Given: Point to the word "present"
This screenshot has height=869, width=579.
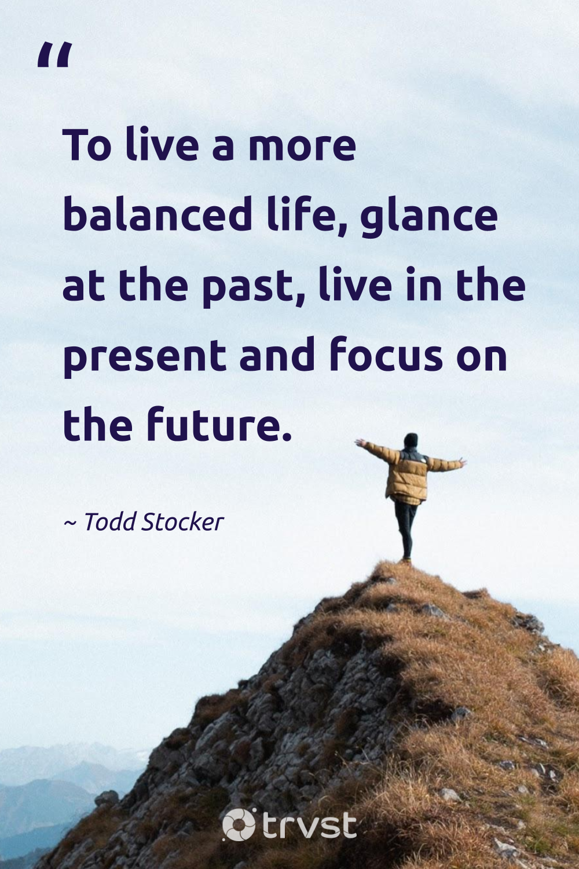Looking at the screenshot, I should pos(144,357).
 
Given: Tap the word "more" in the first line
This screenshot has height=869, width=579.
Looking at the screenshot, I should pos(302,147).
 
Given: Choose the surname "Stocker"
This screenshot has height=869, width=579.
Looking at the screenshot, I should pos(182,522).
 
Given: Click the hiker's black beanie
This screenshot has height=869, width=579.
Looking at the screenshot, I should pos(411,440).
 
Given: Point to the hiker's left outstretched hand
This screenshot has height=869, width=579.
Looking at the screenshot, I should pos(360,443).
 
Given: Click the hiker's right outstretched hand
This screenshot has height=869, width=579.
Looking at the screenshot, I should pos(461,462).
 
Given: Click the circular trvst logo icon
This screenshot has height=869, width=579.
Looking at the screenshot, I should pos(239,824).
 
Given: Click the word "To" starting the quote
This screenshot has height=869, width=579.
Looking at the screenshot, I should pos(87,145).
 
